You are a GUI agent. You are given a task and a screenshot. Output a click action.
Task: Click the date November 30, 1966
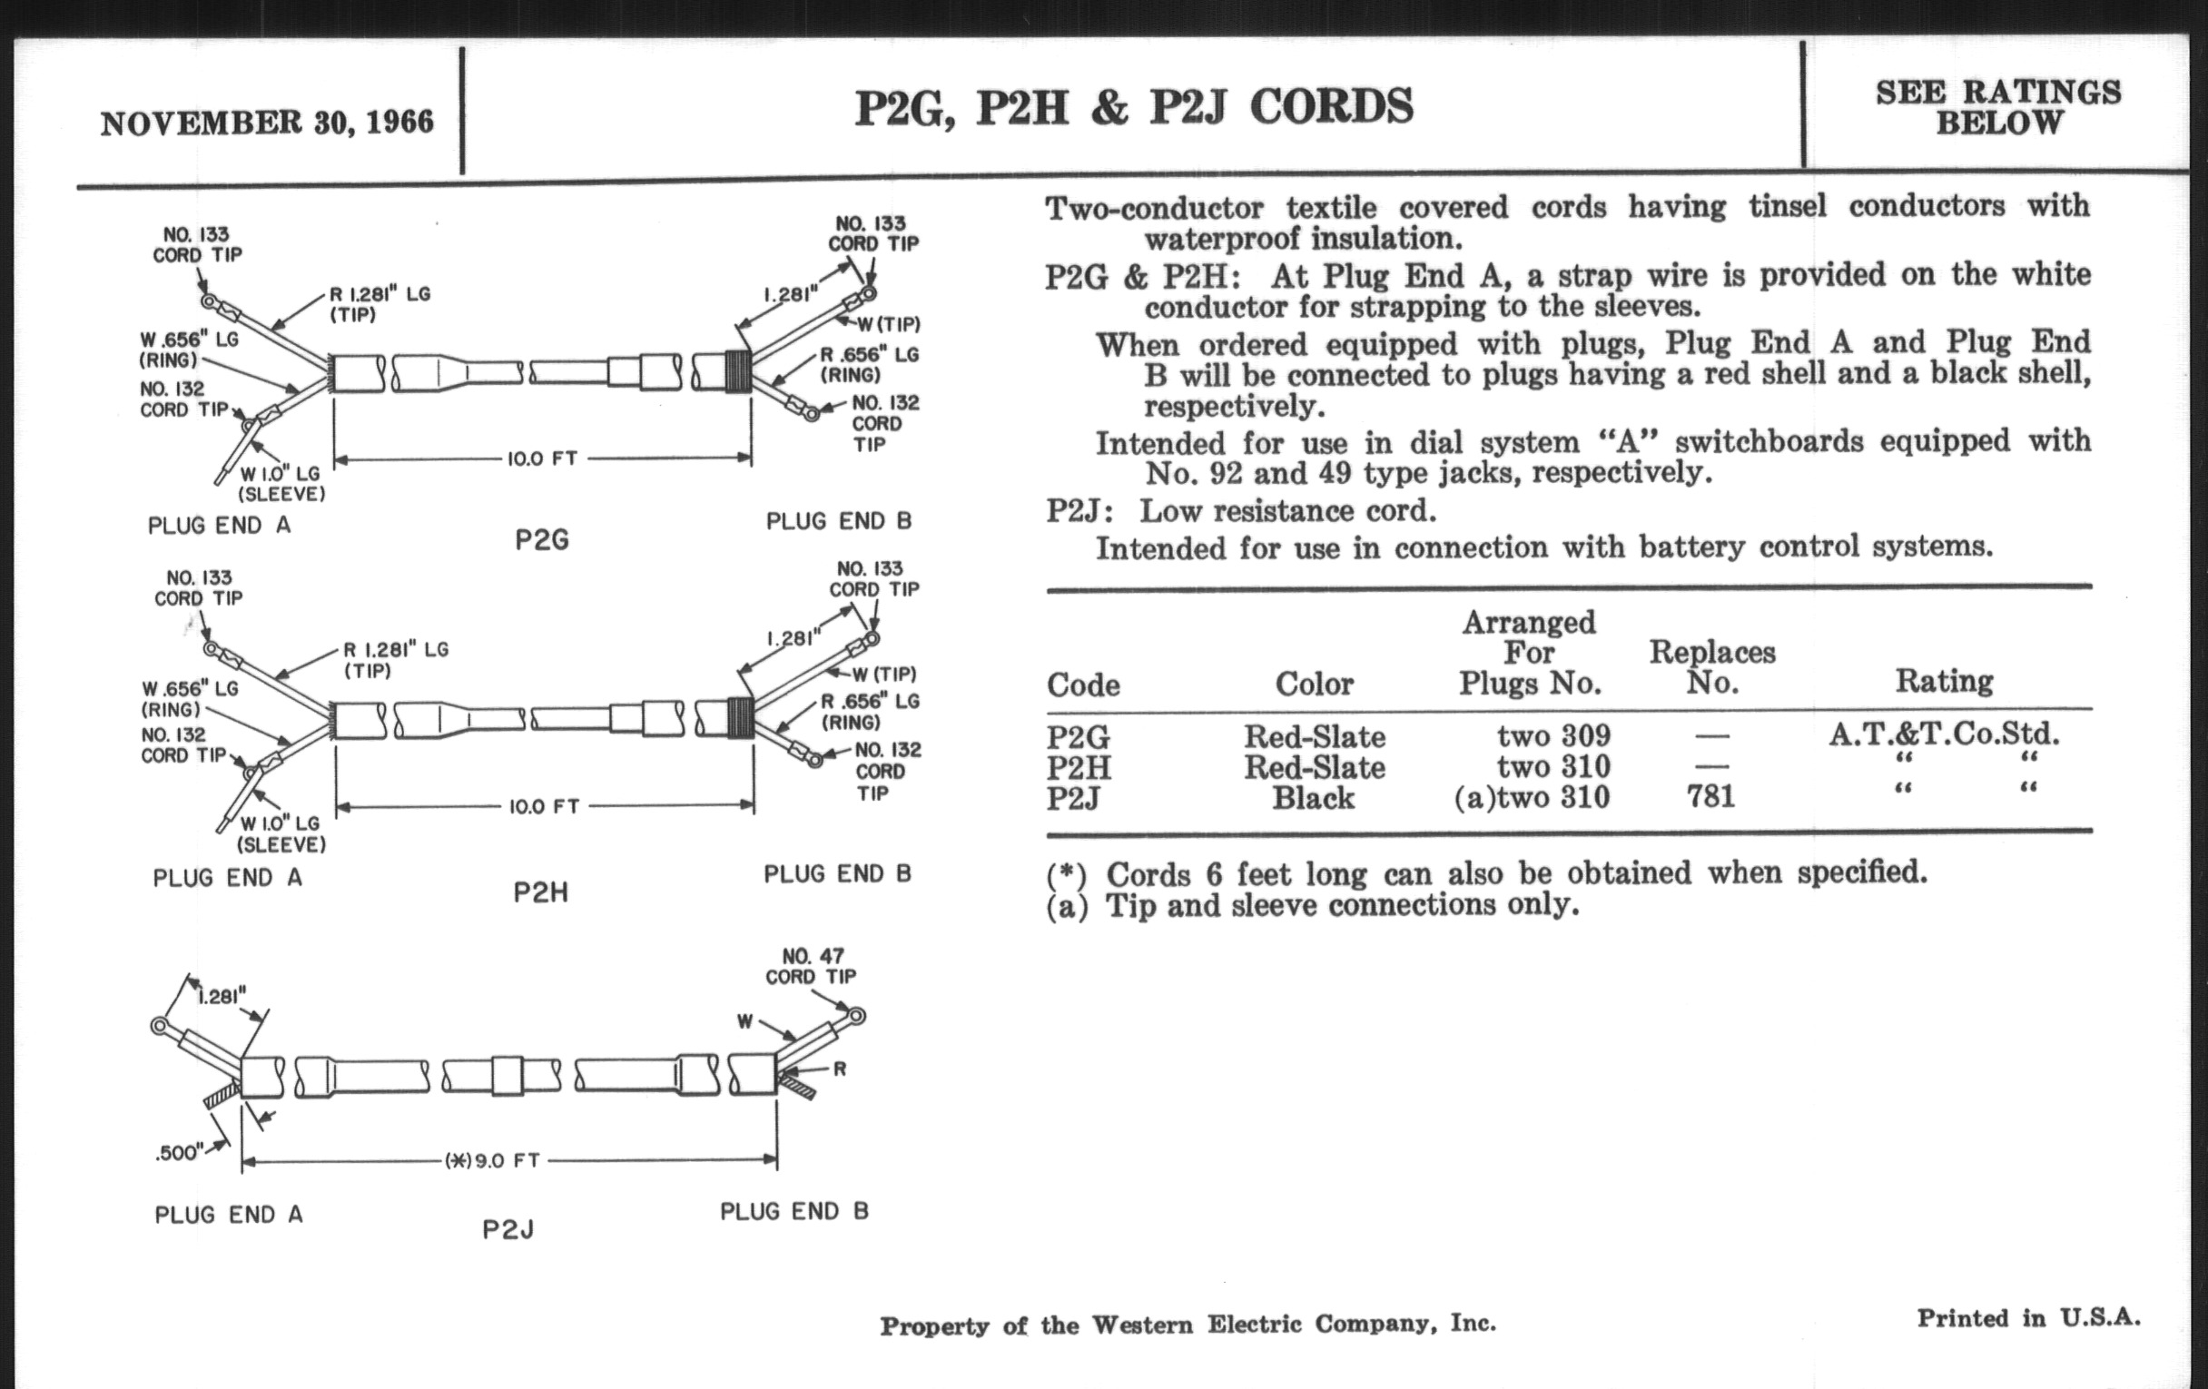click(267, 123)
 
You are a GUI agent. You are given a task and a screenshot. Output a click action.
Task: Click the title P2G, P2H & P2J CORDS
click(1134, 107)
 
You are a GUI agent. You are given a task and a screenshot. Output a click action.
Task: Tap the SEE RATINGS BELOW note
click(1998, 106)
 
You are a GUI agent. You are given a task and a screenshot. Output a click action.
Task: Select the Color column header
click(1314, 683)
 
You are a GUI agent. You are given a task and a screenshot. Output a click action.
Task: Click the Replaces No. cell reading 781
click(1711, 796)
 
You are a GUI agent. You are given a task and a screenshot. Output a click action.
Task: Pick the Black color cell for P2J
click(1313, 798)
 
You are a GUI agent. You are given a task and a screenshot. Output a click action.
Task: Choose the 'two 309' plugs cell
click(1553, 735)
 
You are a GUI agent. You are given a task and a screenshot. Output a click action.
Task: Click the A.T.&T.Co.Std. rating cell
click(1944, 734)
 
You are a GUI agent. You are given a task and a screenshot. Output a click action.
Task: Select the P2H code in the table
click(1079, 767)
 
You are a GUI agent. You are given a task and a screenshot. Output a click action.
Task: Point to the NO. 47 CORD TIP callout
click(812, 966)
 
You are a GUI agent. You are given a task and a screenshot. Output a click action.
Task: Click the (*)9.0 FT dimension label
click(492, 1161)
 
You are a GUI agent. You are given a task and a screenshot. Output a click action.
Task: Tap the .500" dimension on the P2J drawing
click(179, 1152)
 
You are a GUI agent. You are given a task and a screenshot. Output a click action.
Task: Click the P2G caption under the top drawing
click(542, 540)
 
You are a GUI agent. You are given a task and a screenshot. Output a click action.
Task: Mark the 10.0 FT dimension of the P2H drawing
click(545, 807)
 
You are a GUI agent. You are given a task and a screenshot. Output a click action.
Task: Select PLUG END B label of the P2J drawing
click(794, 1211)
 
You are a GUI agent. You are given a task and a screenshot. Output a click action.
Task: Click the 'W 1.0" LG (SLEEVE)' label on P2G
click(281, 483)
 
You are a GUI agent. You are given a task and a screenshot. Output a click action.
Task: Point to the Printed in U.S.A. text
click(2028, 1318)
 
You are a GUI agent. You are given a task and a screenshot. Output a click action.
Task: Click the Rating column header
click(1944, 681)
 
